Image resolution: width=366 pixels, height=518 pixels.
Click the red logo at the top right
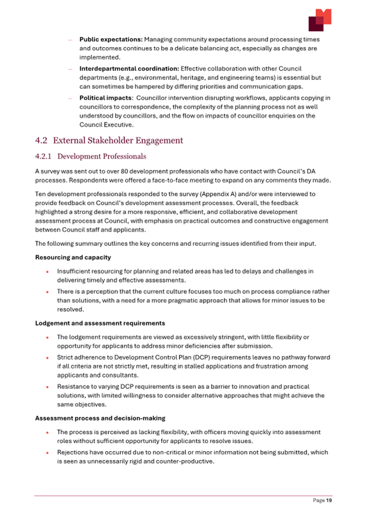click(319, 20)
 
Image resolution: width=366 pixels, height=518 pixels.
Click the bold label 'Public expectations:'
click(111, 40)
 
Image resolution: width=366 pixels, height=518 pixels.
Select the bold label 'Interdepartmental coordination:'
click(129, 69)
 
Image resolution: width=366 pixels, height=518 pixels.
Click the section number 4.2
click(42, 141)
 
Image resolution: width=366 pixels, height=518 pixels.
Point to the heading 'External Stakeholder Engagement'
click(118, 141)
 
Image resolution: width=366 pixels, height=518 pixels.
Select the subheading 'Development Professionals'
click(101, 157)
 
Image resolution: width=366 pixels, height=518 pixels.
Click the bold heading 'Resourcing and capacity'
click(67, 258)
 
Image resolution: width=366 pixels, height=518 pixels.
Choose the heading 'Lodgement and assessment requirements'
click(100, 323)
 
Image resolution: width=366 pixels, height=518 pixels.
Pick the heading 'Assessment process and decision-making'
click(101, 418)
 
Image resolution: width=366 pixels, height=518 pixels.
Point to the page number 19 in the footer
click(329, 501)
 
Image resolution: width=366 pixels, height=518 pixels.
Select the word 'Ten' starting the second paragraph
click(40, 193)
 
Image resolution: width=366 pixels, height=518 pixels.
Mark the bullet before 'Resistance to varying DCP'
click(48, 387)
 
